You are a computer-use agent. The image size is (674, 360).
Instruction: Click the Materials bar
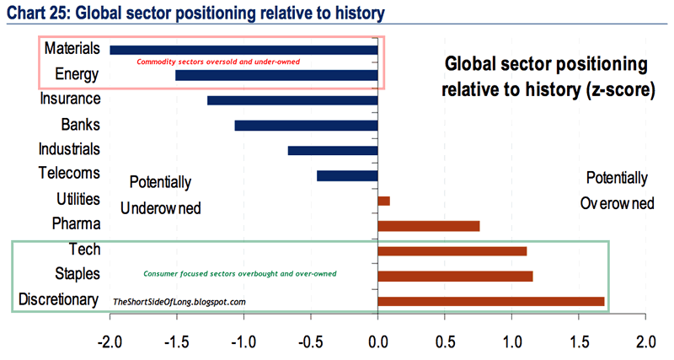coord(243,51)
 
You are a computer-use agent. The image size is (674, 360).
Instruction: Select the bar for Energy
coord(276,75)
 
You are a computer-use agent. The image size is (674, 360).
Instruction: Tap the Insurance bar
coord(292,100)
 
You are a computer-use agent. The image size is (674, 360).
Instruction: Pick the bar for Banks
coord(306,126)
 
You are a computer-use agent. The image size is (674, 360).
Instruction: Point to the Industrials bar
coord(333,150)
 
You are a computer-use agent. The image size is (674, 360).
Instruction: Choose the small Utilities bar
coord(384,201)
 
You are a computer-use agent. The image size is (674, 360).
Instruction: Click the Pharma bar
coord(429,225)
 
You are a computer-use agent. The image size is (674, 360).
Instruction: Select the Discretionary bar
coord(491,300)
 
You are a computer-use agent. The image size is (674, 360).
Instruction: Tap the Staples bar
coord(456,276)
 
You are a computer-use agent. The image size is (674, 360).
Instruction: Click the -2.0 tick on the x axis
coord(110,343)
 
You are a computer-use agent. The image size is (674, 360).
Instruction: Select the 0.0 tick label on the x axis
coord(378,343)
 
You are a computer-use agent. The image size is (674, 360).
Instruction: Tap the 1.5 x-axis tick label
coord(579,343)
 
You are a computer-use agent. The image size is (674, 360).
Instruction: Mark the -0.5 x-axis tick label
coord(311,343)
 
